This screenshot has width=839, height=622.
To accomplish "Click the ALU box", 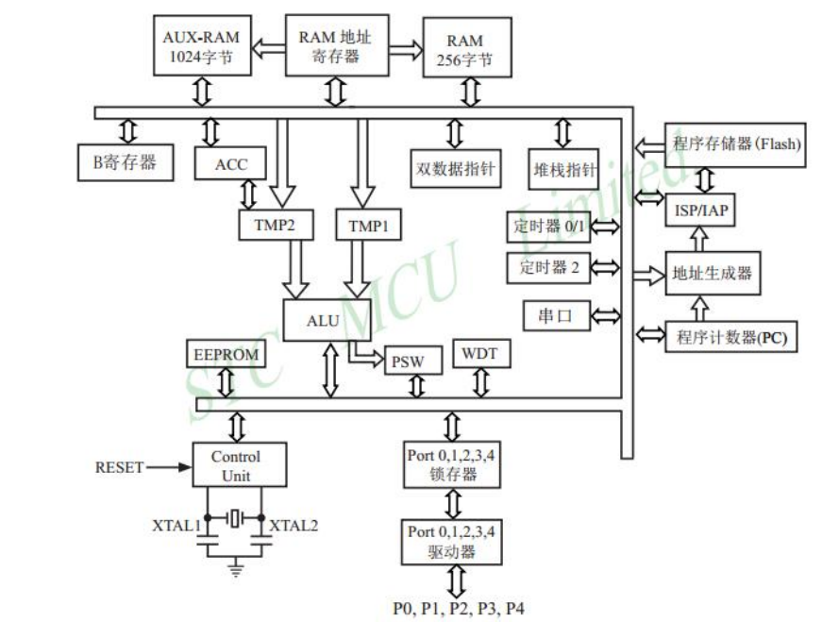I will (x=323, y=321).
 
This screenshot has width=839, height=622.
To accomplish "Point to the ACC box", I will (x=231, y=164).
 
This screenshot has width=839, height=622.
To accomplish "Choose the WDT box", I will (x=481, y=354).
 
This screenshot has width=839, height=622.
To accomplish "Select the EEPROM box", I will (x=226, y=355).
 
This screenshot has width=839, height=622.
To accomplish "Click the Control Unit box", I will (x=235, y=465).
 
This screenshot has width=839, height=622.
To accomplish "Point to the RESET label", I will (x=120, y=467).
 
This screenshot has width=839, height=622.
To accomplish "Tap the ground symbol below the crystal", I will (x=235, y=567).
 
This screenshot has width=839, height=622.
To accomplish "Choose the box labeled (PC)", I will (x=731, y=337).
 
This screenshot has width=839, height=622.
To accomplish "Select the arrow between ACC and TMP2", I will (x=249, y=194).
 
